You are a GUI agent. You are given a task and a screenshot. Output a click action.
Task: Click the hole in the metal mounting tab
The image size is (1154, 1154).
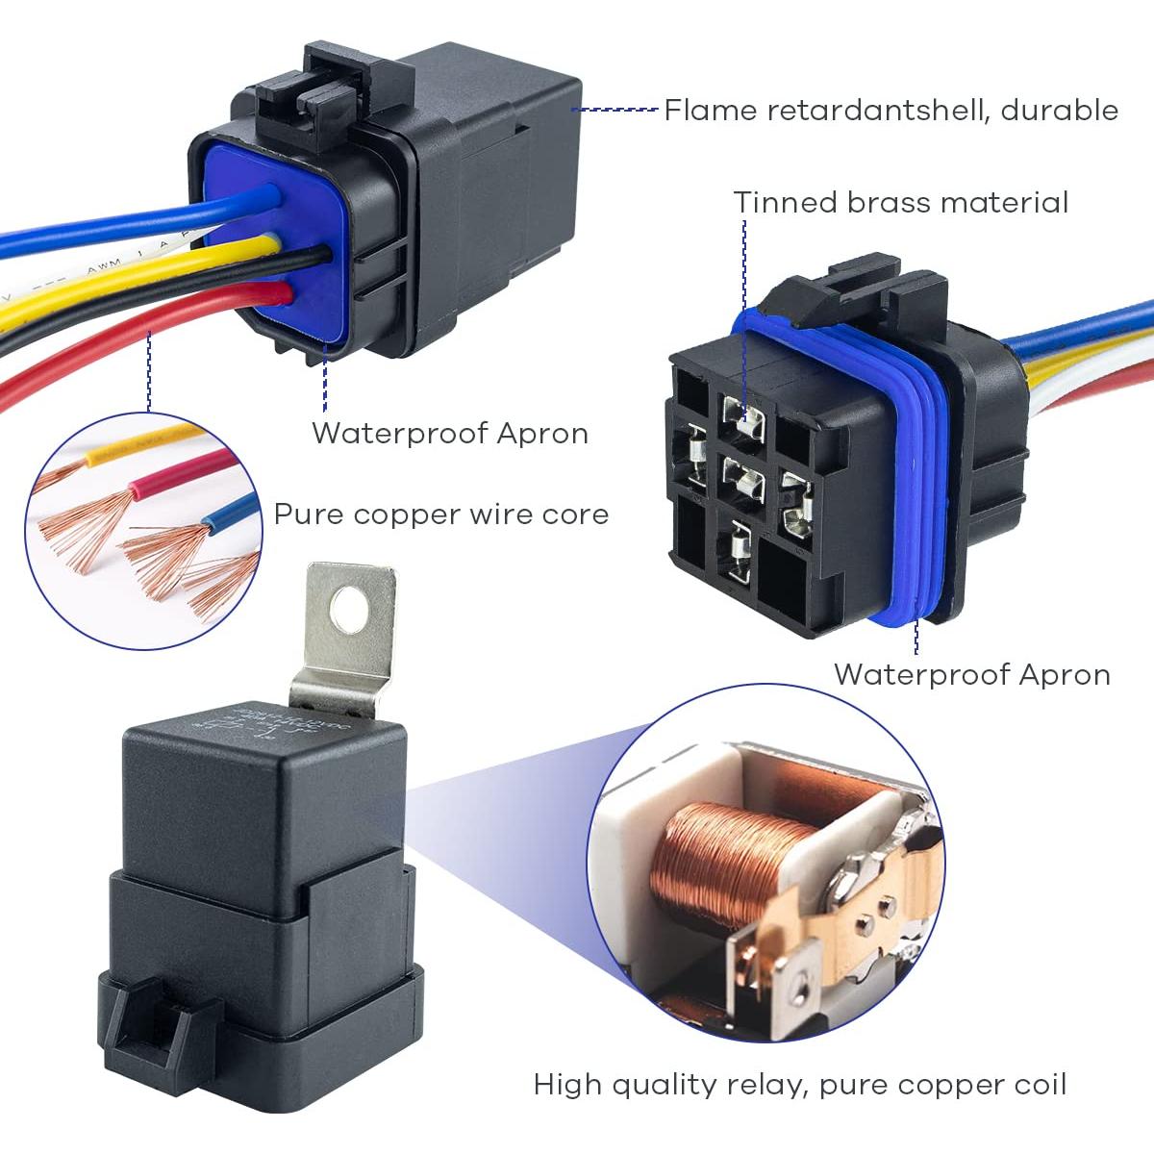click(347, 607)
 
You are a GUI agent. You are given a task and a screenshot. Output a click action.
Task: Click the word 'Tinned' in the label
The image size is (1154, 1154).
click(786, 203)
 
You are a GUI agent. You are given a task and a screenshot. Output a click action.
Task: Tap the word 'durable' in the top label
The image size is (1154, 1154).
click(1059, 111)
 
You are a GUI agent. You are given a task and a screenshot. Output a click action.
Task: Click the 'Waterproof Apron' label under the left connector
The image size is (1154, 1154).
click(449, 434)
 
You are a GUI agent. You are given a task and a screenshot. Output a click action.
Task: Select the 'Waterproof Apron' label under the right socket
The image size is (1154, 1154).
click(971, 674)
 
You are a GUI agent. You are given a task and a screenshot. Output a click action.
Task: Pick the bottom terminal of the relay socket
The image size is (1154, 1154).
click(740, 551)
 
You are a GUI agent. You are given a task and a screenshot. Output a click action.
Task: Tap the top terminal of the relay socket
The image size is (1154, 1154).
click(747, 419)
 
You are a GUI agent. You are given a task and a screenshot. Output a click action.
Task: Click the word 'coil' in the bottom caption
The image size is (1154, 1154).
click(1040, 1086)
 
